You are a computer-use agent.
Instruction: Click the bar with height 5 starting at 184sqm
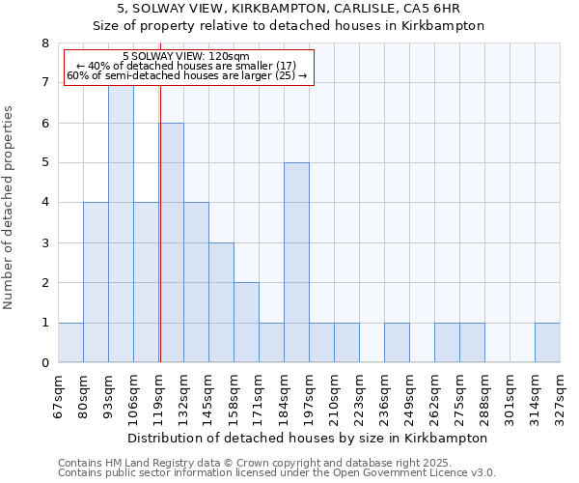point(296,263)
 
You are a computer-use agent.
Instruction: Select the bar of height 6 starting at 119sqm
point(172,242)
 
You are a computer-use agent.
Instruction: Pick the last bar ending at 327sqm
point(547,343)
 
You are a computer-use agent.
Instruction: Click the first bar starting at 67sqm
point(70,343)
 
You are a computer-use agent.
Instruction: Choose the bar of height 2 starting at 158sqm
point(246,323)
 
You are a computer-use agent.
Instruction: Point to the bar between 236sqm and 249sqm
point(397,343)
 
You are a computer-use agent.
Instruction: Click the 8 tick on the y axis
point(44,43)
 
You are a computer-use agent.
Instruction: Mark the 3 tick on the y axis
point(44,243)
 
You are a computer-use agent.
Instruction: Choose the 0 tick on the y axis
point(44,363)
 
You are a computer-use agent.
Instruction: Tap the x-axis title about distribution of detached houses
point(309,438)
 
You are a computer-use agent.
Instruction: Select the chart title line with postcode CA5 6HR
point(289,8)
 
